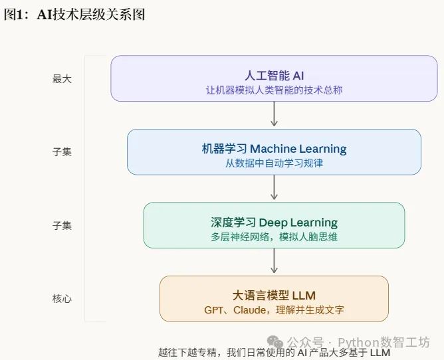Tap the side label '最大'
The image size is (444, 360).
[62, 78]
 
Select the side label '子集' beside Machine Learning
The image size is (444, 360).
[62, 151]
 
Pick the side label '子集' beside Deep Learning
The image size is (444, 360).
[62, 225]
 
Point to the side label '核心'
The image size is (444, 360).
[62, 298]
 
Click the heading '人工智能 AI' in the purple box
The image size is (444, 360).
[274, 75]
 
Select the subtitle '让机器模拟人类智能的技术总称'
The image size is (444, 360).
[274, 90]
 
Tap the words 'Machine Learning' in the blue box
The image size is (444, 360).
[298, 149]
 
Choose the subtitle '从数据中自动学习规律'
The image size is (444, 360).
[274, 163]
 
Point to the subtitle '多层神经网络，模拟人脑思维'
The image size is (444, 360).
[274, 236]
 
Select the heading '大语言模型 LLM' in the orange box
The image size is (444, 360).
[274, 295]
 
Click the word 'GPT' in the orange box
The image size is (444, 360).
[214, 310]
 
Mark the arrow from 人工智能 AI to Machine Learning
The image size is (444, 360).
[274, 115]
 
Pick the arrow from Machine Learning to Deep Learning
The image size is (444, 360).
[274, 188]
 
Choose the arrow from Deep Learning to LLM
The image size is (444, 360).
[274, 262]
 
